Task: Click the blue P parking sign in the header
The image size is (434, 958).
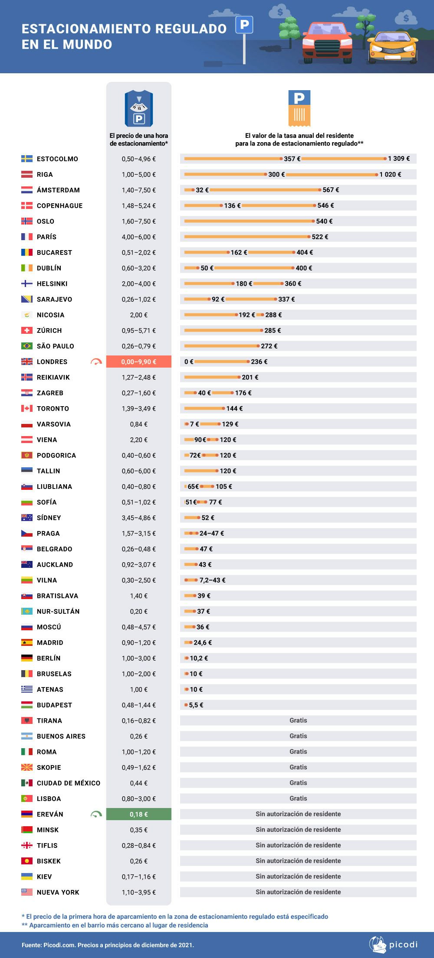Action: click(x=244, y=25)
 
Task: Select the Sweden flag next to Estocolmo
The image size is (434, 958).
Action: click(x=27, y=159)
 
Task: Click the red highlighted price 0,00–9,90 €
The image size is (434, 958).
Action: click(x=139, y=362)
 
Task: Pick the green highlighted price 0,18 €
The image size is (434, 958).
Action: click(x=139, y=814)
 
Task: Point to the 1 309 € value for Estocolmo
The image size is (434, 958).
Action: click(x=399, y=159)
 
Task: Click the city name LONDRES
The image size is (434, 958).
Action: click(x=52, y=362)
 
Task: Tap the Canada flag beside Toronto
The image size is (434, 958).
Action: click(x=27, y=408)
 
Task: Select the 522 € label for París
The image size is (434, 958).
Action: click(x=320, y=237)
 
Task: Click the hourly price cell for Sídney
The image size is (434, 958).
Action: click(x=139, y=518)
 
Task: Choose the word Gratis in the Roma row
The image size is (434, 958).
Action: click(x=298, y=752)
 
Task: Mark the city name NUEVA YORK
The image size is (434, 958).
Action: click(x=58, y=892)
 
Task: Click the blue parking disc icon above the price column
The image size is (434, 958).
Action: click(x=138, y=108)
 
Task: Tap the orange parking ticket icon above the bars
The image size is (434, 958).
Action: click(x=299, y=108)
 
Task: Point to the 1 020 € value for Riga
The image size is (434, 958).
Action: click(x=390, y=174)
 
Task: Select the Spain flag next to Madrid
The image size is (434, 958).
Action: click(x=27, y=642)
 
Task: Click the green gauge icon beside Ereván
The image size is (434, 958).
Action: click(x=96, y=815)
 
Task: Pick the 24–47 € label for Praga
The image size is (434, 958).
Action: click(x=212, y=533)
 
